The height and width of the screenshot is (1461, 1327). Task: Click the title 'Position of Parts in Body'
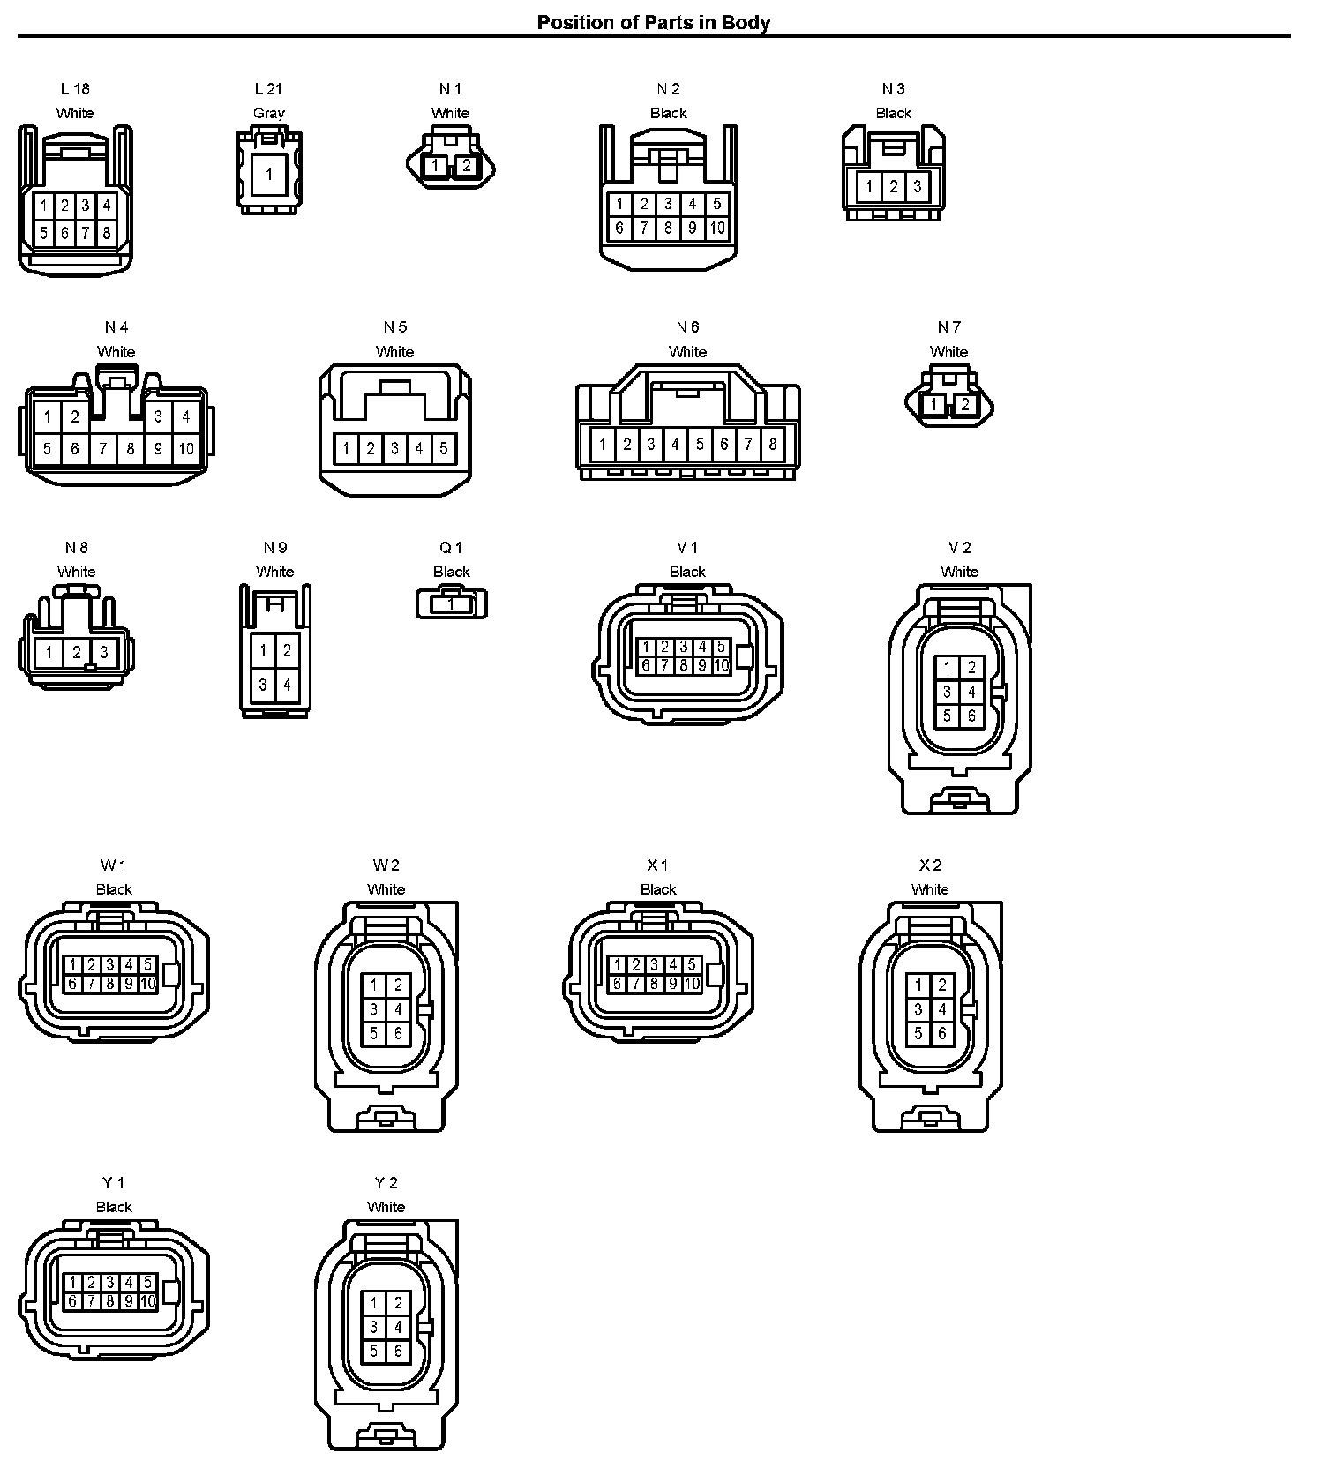[653, 22]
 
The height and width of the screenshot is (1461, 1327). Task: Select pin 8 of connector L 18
[106, 234]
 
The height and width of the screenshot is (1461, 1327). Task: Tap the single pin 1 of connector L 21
[269, 174]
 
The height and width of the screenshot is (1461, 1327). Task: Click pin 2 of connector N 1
[466, 165]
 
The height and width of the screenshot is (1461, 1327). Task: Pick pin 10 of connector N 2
[716, 229]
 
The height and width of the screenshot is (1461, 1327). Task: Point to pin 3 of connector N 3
[918, 186]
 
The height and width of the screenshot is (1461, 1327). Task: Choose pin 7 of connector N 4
[102, 448]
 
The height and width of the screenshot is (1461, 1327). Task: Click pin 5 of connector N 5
[443, 448]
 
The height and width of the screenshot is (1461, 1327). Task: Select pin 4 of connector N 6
[675, 444]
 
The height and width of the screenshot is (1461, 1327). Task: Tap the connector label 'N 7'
[948, 327]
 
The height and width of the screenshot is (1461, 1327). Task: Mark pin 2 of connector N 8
[77, 653]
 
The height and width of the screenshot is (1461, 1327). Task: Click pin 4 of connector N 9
[287, 684]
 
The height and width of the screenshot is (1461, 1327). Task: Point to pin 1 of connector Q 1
[451, 604]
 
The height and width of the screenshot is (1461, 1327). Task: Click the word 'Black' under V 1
[687, 572]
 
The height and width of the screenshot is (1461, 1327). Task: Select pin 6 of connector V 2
[971, 716]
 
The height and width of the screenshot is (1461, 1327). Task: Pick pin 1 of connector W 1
[72, 965]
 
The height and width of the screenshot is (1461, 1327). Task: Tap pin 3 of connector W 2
[374, 1009]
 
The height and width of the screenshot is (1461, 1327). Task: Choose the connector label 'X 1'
[657, 865]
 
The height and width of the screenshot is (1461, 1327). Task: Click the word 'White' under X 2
[930, 889]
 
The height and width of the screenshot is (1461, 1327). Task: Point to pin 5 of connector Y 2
[374, 1351]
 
